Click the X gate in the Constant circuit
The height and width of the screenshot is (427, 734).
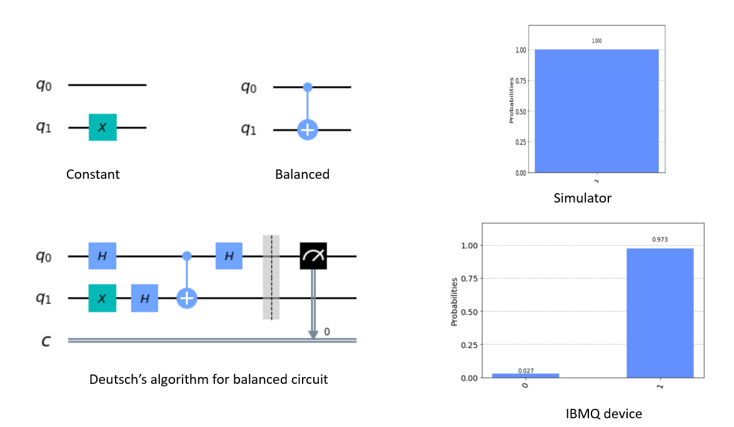(103, 127)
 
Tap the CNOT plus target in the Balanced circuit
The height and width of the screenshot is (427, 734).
(307, 130)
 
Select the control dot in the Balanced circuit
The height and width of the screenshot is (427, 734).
(307, 86)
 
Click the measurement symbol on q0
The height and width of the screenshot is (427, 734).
(313, 256)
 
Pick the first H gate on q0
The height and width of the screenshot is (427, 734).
(103, 256)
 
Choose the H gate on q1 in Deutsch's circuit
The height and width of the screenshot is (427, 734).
(144, 298)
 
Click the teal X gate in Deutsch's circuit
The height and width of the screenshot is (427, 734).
(103, 298)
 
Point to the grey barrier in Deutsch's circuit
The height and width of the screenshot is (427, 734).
(271, 277)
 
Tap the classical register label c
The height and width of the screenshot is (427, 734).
(46, 341)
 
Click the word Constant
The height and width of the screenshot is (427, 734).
(93, 174)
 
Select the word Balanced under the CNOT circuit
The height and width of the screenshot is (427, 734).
(302, 174)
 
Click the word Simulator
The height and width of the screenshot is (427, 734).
(582, 199)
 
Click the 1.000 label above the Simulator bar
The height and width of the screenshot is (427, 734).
(596, 41)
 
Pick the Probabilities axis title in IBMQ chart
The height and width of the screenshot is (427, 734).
(455, 302)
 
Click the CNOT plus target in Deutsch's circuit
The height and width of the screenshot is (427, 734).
(186, 298)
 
